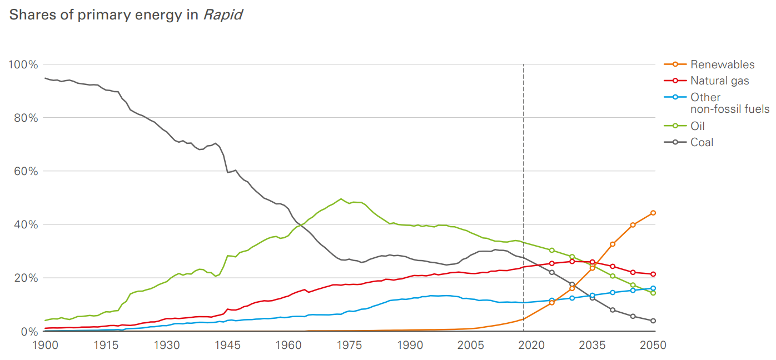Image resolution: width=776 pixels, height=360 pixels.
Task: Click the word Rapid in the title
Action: pos(222,15)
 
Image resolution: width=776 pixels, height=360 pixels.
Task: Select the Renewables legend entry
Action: pos(723,64)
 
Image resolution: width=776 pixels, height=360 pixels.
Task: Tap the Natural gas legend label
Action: pos(719,81)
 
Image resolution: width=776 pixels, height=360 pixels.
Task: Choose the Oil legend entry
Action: pos(698,126)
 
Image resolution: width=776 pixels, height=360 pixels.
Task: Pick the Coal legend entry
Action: pos(702,142)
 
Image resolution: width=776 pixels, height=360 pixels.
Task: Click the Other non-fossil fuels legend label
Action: pos(729,103)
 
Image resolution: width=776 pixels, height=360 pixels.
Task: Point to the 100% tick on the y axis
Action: pos(23,64)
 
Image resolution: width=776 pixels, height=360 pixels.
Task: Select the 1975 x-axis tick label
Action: pos(349,345)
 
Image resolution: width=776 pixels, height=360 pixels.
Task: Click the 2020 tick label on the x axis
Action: pos(531,345)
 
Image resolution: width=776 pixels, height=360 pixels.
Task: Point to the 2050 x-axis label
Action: pos(653,345)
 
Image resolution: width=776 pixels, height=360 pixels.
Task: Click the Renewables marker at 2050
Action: pos(653,213)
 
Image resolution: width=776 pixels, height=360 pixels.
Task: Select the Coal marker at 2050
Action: pos(653,321)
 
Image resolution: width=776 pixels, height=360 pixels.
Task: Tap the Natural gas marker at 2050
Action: pos(653,274)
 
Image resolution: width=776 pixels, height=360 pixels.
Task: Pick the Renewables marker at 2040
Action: pos(613,244)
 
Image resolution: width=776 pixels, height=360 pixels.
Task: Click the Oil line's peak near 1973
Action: pos(341,199)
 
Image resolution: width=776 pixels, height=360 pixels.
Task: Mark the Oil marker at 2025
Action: pos(551,250)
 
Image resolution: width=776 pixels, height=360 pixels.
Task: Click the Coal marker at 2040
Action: pos(613,309)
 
